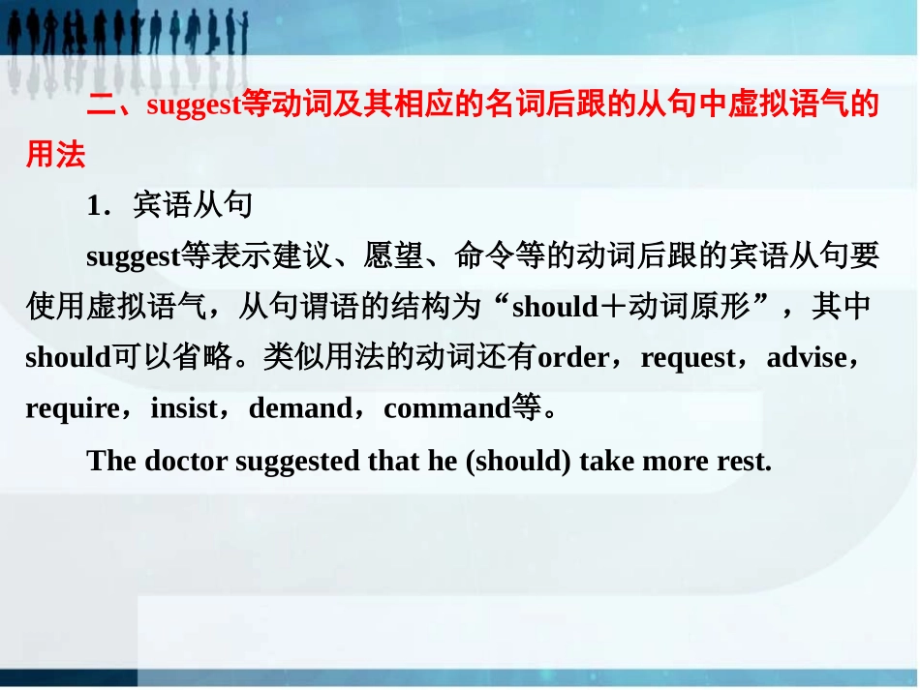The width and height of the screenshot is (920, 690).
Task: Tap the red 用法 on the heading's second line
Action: click(56, 155)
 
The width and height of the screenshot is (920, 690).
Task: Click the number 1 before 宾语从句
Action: click(94, 206)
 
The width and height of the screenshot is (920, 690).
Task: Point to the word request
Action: click(689, 358)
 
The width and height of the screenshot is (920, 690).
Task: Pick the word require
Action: click(72, 408)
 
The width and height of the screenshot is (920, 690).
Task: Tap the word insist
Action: click(184, 408)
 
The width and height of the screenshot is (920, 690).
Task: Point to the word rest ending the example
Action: click(745, 460)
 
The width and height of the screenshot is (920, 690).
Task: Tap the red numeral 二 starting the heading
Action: click(101, 105)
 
